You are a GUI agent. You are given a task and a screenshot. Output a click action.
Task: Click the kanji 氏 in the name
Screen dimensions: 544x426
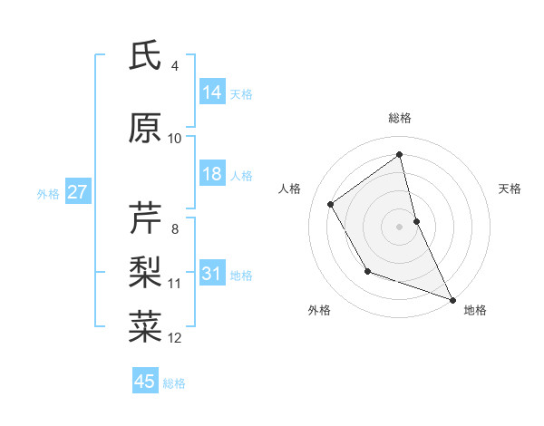click(145, 57)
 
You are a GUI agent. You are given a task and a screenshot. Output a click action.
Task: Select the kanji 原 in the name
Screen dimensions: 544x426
click(145, 130)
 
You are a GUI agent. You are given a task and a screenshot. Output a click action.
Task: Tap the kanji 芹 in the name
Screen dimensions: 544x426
click(145, 218)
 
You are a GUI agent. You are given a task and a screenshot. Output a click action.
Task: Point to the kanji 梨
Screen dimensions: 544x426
click(145, 271)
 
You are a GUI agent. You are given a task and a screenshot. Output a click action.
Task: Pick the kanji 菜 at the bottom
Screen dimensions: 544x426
click(145, 325)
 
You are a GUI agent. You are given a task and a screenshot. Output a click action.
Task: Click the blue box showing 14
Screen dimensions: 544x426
click(212, 92)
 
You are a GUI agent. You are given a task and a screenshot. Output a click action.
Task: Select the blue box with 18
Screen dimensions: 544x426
click(212, 174)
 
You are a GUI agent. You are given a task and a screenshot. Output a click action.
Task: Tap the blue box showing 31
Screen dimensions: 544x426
click(212, 275)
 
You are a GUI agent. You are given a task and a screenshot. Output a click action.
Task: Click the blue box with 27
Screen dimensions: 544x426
click(77, 192)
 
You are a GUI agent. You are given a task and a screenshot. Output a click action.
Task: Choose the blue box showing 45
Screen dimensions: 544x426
click(145, 382)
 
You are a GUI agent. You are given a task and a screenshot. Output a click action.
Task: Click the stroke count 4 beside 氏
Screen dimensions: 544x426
click(175, 66)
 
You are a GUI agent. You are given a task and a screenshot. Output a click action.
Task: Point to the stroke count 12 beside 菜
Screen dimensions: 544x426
click(175, 338)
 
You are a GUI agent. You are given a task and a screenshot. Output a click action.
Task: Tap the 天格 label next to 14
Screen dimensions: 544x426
click(241, 93)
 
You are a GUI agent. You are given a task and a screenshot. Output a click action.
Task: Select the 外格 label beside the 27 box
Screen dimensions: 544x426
click(48, 193)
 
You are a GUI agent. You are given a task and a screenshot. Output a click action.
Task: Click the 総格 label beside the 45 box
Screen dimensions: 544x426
click(174, 382)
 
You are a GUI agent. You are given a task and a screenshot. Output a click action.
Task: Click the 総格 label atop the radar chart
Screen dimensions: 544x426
click(400, 118)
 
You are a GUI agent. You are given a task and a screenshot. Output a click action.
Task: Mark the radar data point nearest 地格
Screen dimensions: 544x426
click(452, 299)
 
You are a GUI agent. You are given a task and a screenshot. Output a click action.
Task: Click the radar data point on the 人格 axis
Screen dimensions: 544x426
click(331, 204)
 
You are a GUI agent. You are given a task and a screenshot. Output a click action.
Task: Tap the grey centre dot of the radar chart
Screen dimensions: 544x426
click(400, 226)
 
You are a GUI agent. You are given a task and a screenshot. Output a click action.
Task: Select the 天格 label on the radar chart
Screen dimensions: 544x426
click(510, 189)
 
